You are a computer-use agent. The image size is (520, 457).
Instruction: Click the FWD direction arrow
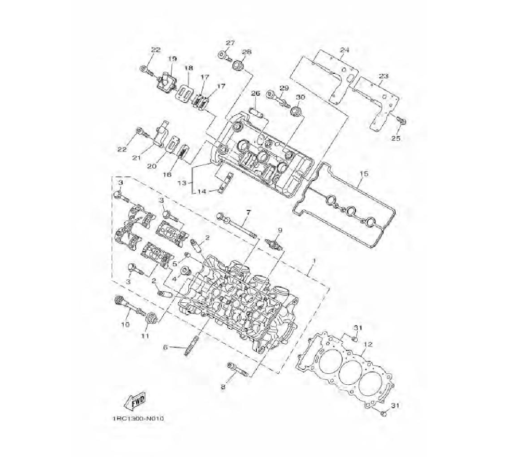134,400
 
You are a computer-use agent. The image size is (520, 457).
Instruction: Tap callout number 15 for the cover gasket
363,173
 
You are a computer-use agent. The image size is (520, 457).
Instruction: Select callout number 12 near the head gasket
368,344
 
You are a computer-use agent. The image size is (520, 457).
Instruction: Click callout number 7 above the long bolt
249,212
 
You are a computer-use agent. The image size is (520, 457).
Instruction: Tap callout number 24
344,50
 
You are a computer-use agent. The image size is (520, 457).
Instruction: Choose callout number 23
384,76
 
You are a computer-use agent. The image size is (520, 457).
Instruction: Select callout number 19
172,59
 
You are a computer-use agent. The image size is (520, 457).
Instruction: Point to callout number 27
230,43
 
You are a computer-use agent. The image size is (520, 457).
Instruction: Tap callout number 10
125,325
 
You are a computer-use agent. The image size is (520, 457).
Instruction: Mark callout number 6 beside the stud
165,347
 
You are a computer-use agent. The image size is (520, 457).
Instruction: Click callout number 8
223,386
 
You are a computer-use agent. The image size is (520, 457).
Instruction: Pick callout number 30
301,97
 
